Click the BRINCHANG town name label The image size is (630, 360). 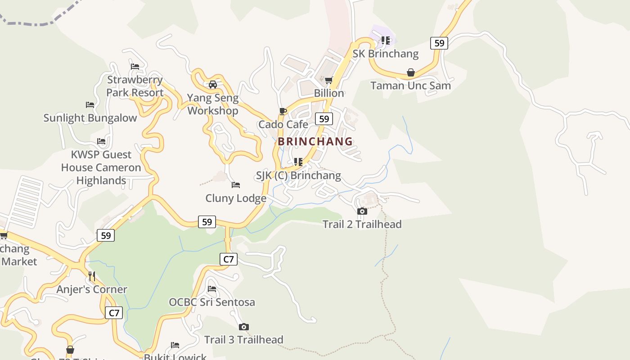(315, 141)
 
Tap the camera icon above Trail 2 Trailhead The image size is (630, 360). (362, 211)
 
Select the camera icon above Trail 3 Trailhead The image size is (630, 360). (244, 327)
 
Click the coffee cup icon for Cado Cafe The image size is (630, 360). (283, 111)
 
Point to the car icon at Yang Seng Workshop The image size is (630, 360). (213, 84)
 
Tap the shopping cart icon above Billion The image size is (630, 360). (329, 80)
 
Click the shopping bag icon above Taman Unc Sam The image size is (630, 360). (411, 72)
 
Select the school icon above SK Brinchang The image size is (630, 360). (386, 40)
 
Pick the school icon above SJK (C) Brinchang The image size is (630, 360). (298, 162)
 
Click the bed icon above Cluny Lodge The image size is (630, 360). (236, 185)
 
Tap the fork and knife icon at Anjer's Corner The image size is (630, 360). (92, 276)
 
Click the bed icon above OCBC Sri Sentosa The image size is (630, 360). (212, 288)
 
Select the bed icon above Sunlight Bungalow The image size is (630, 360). (90, 105)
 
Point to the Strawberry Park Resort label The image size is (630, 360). (135, 86)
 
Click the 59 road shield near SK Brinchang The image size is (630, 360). (439, 43)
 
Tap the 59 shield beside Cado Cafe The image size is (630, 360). (324, 119)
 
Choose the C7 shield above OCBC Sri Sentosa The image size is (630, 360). (229, 259)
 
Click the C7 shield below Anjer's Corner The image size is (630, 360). (114, 313)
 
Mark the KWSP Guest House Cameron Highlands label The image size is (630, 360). (101, 167)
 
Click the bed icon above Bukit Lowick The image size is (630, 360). (175, 345)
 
